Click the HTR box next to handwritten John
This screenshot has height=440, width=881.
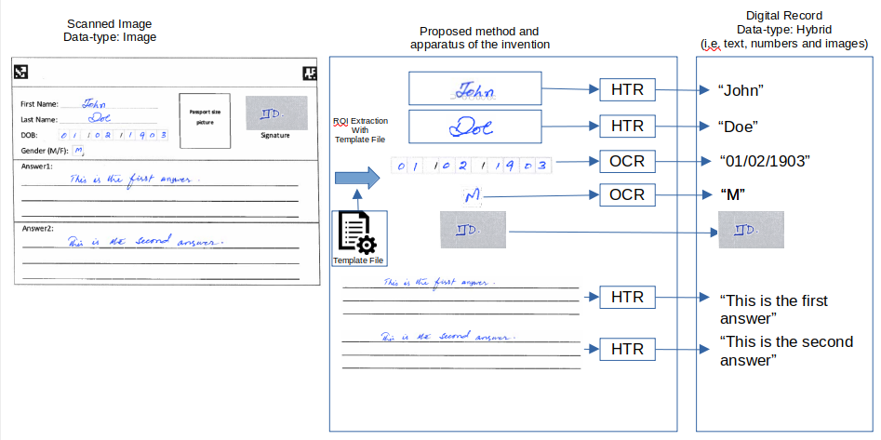point(628,89)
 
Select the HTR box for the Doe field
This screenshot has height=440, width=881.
point(628,125)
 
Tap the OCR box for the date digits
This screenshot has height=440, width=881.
point(628,161)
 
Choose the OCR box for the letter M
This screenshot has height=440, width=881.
point(628,195)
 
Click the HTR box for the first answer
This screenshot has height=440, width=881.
point(628,298)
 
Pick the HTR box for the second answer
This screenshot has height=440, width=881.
point(628,350)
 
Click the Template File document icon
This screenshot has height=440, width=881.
point(358,233)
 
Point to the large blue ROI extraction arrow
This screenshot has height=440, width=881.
point(356,177)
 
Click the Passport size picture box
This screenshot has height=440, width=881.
point(205,121)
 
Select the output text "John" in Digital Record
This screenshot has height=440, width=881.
point(741,91)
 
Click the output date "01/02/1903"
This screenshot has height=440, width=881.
point(765,161)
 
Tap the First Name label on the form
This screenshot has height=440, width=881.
point(39,104)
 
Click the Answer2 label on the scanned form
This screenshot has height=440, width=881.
point(38,228)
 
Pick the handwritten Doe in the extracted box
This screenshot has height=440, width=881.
point(474,126)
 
